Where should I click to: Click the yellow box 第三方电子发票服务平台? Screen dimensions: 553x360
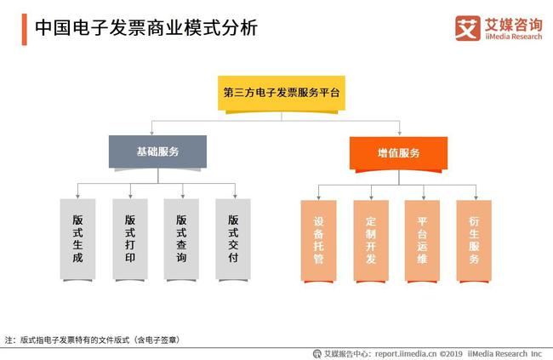(x=281, y=93)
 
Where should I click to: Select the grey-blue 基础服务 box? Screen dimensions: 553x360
(x=157, y=151)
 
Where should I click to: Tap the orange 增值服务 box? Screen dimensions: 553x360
(x=398, y=153)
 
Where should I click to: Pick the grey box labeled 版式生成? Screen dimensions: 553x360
(x=77, y=239)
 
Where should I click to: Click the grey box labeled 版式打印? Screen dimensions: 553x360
(x=130, y=239)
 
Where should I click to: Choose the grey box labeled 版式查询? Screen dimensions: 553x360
(x=181, y=239)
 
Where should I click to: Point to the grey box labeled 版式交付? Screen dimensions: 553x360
(x=233, y=239)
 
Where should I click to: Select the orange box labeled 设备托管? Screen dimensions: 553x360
(x=318, y=240)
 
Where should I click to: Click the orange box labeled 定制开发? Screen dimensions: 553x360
(x=371, y=240)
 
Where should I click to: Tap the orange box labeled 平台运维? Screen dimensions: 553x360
(x=422, y=240)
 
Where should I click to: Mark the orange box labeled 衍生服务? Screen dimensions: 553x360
(x=474, y=240)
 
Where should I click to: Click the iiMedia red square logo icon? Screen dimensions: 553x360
(x=468, y=28)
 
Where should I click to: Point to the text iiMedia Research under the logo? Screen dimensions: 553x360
(x=514, y=37)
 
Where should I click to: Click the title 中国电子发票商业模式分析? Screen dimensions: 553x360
(x=146, y=27)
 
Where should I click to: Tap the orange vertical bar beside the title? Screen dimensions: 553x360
(x=25, y=29)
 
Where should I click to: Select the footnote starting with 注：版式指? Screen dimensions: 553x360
(x=93, y=340)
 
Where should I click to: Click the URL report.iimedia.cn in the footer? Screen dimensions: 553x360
(x=406, y=354)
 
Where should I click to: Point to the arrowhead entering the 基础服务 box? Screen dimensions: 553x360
(x=152, y=133)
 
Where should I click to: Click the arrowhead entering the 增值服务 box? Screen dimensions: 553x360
(x=400, y=133)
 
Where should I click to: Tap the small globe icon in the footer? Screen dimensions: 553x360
(x=317, y=354)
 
